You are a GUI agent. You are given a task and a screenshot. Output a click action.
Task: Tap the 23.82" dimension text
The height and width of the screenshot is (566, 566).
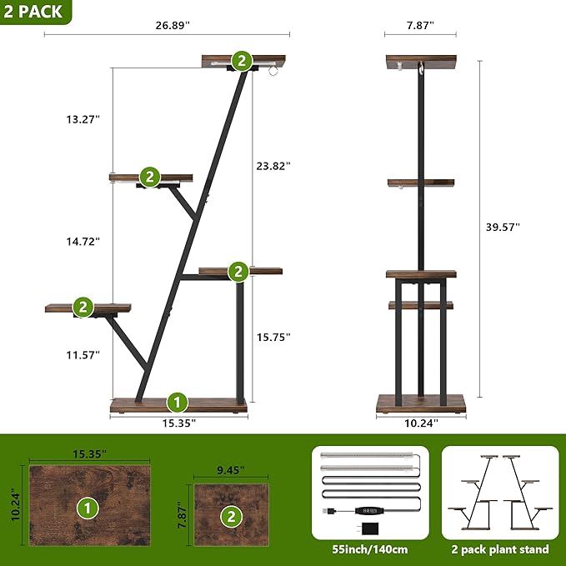click(273, 166)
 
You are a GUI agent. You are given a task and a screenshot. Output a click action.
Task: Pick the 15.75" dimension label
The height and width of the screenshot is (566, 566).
click(273, 338)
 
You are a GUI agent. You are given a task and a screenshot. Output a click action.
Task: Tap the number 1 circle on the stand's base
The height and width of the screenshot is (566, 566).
click(177, 403)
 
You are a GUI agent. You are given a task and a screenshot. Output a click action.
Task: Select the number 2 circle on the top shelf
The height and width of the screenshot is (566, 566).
click(241, 60)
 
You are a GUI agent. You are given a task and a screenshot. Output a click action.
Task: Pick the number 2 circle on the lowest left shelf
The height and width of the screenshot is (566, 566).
click(83, 307)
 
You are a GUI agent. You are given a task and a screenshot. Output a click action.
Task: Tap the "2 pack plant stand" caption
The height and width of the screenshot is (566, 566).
click(499, 549)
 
